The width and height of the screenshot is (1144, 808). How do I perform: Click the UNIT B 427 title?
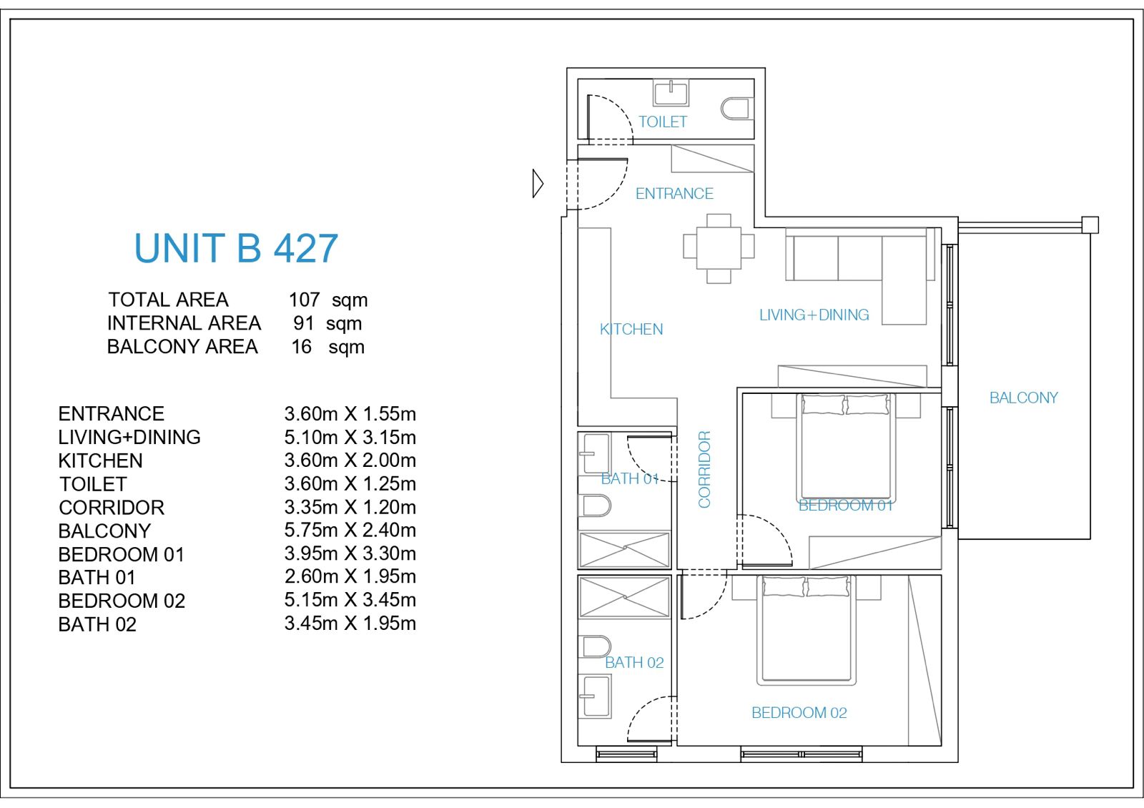(x=236, y=248)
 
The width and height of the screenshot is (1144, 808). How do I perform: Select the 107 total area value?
(x=305, y=300)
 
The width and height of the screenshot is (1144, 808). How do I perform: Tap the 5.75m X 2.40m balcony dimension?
(x=350, y=530)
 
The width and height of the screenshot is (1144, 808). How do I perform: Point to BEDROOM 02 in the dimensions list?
(x=122, y=601)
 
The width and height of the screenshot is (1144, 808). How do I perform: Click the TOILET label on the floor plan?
(x=662, y=122)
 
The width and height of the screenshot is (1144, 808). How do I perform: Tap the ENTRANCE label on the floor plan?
(x=674, y=194)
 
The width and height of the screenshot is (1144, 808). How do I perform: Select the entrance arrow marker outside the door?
(x=538, y=183)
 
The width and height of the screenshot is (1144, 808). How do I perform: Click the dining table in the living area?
(x=719, y=248)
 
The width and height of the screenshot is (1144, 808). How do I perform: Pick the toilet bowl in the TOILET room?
(x=737, y=109)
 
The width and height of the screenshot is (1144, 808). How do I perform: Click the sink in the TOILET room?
(x=671, y=92)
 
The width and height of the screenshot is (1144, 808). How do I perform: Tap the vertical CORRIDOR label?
(x=705, y=469)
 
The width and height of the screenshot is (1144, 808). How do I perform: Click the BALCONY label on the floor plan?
(x=1023, y=398)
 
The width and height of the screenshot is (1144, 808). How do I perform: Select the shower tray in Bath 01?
(x=625, y=550)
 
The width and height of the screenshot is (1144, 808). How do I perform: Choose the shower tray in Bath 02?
(x=625, y=596)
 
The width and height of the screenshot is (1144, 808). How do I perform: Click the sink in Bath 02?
(x=595, y=696)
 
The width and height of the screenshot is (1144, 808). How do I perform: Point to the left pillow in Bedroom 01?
(x=823, y=405)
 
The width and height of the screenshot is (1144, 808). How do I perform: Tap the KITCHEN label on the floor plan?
(x=631, y=330)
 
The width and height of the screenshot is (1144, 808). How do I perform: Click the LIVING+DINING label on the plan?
(x=814, y=315)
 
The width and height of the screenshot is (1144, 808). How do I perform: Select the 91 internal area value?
(x=303, y=323)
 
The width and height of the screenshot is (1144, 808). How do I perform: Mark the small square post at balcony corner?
(x=1090, y=225)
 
